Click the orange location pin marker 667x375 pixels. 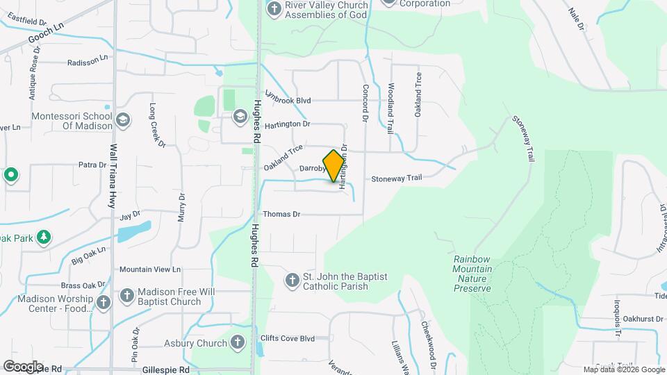(333, 165)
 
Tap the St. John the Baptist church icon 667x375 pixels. (293, 279)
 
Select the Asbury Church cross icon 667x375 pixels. (237, 342)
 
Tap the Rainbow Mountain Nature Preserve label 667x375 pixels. (472, 273)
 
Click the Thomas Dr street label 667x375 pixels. (281, 215)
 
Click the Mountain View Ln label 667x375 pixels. (150, 269)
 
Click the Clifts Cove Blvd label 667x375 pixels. (287, 339)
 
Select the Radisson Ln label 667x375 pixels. (88, 62)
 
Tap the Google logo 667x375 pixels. (23, 366)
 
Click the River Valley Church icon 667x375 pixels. (273, 9)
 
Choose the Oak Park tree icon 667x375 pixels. (44, 237)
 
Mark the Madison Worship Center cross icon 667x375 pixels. (103, 302)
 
